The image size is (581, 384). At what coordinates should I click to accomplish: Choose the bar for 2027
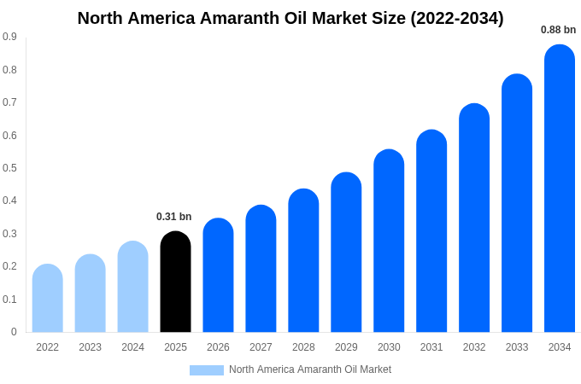point(261,269)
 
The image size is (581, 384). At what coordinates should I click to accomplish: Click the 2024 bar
point(132,287)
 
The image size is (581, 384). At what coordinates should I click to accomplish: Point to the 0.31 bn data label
point(174,217)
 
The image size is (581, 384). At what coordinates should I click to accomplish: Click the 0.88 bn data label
point(558,30)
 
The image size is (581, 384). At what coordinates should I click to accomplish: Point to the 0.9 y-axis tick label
point(9,37)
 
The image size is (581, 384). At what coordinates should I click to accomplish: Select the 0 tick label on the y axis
point(14,332)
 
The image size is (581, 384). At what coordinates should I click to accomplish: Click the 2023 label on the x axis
point(90,347)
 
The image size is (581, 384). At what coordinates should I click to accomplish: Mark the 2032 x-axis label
point(474,347)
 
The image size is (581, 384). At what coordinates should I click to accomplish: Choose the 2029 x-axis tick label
point(346,347)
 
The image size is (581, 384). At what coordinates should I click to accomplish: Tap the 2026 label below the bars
point(218,347)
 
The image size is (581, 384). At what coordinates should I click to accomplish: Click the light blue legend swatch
point(206,370)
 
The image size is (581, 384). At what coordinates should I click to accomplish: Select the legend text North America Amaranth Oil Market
point(310,369)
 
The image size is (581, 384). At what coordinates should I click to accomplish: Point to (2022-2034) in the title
point(457,18)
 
